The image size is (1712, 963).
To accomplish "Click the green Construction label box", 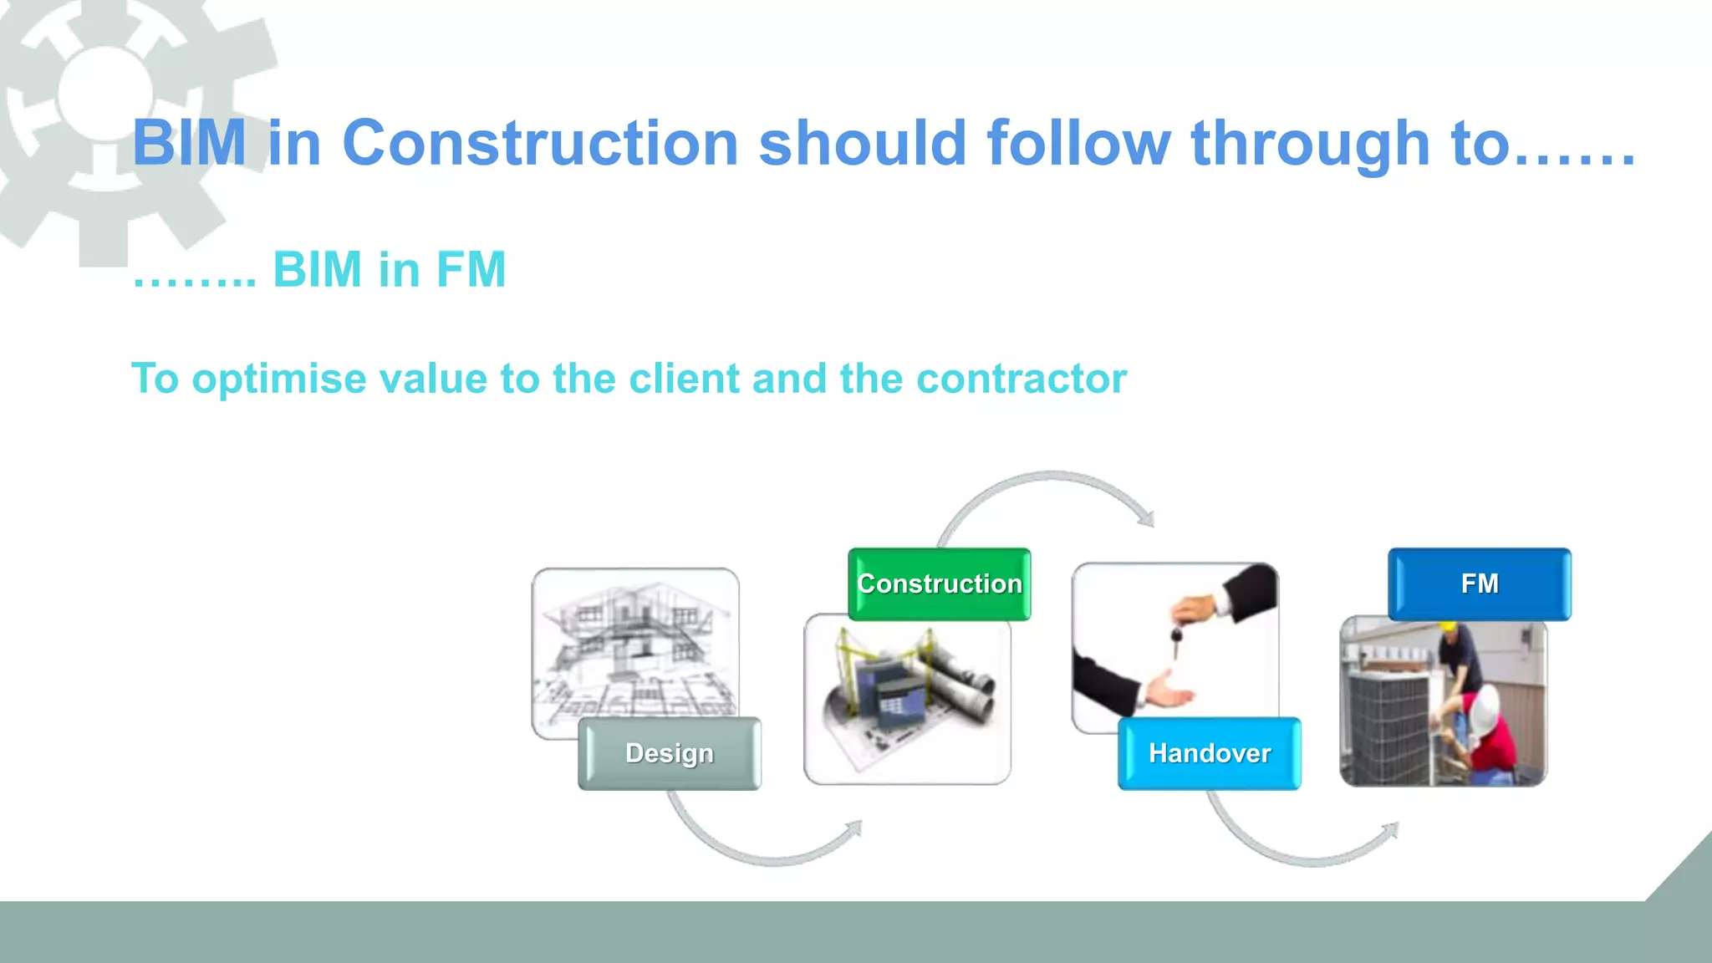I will [939, 583].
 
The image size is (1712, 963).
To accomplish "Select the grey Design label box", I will [669, 753].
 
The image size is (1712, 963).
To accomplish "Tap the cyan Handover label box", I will [1209, 753].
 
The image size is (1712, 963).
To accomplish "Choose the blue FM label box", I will [1479, 583].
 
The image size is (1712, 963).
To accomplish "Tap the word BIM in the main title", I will [189, 143].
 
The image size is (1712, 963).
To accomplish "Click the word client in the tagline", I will [685, 379].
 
